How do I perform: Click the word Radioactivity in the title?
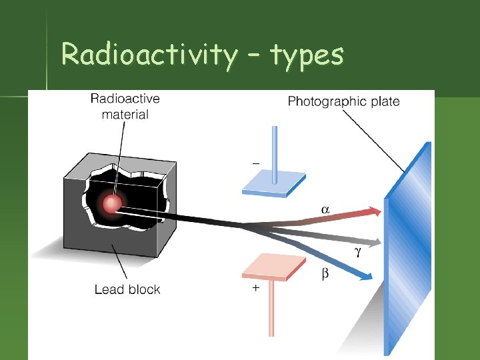148,55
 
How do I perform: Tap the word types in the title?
307,56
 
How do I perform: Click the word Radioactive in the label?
125,99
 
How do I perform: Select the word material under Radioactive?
125,114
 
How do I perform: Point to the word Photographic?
327,101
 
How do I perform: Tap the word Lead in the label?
109,289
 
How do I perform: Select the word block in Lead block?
144,289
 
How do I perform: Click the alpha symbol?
325,209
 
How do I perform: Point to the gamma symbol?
357,252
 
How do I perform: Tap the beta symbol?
325,273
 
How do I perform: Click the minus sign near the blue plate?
255,162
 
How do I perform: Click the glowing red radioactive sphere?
112,204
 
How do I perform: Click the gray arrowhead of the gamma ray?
377,241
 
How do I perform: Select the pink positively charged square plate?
273,267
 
